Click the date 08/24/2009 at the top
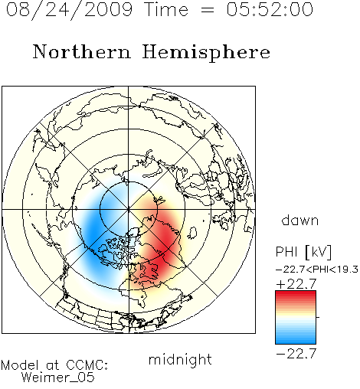pyautogui.click(x=69, y=10)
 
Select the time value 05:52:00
pyautogui.click(x=270, y=9)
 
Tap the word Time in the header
pyautogui.click(x=166, y=9)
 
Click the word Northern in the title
pyautogui.click(x=82, y=51)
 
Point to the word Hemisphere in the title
pyautogui.click(x=206, y=53)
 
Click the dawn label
pyautogui.click(x=300, y=220)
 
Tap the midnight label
pyautogui.click(x=180, y=359)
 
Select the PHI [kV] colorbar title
pyautogui.click(x=304, y=252)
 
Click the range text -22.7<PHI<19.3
pyautogui.click(x=317, y=270)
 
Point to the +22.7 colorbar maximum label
pyautogui.click(x=296, y=284)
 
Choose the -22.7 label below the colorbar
pyautogui.click(x=296, y=354)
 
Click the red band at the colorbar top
pyautogui.click(x=296, y=294)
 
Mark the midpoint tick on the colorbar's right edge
pyautogui.click(x=318, y=317)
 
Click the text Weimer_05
pyautogui.click(x=58, y=378)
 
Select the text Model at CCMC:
pyautogui.click(x=54, y=365)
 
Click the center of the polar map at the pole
pyautogui.click(x=129, y=209)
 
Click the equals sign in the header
pyautogui.click(x=208, y=10)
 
